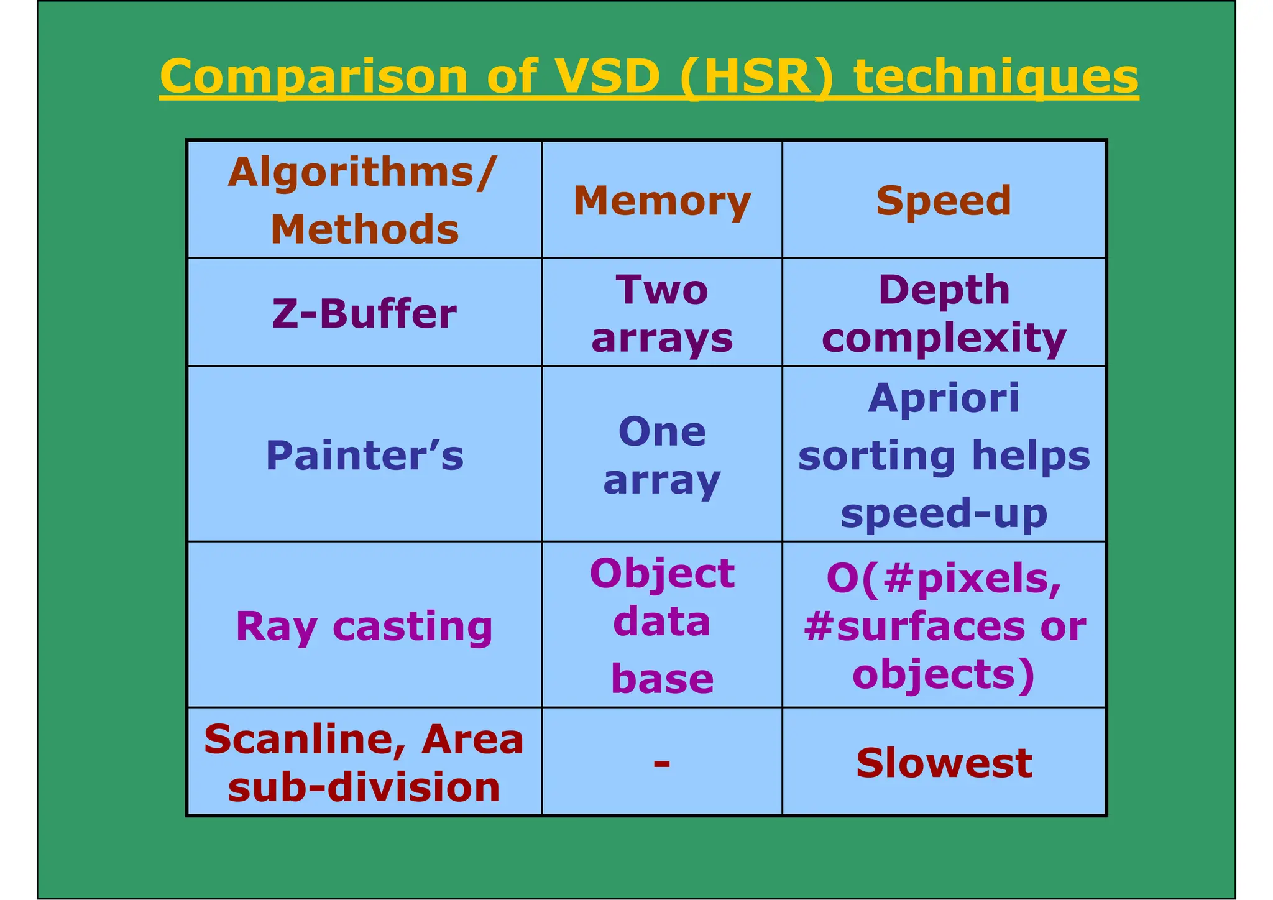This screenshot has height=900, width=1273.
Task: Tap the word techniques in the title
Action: (996, 76)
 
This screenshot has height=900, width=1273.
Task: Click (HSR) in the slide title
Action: (756, 76)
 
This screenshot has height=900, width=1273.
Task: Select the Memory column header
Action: (662, 201)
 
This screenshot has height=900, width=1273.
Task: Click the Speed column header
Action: (944, 201)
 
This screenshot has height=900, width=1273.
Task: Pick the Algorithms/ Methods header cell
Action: (364, 200)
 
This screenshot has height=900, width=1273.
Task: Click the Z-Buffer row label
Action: (364, 313)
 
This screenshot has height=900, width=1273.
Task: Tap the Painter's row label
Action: (364, 455)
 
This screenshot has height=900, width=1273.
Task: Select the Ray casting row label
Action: (364, 626)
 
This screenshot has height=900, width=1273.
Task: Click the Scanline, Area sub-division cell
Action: (364, 763)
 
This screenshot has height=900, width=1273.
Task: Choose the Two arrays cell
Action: (662, 313)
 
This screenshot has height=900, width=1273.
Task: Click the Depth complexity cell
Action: (944, 313)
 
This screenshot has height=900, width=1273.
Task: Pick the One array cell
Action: (662, 455)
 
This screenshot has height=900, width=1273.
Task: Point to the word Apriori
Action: (944, 398)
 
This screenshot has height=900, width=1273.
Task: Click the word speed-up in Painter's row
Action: (944, 513)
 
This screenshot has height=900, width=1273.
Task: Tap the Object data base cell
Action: (662, 625)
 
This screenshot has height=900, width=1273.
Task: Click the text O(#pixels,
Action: (944, 578)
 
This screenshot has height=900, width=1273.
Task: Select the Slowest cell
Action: (944, 763)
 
